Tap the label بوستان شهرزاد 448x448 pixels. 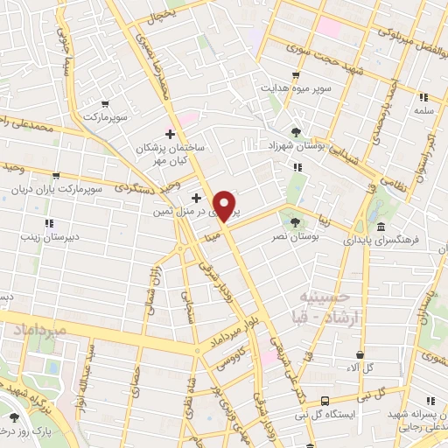click(x=296, y=148)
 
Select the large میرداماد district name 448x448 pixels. click(x=35, y=331)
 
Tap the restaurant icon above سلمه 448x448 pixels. click(x=423, y=97)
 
